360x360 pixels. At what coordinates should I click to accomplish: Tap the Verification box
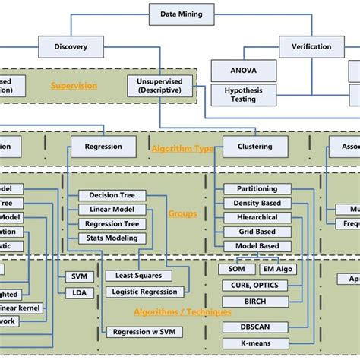(x=311, y=47)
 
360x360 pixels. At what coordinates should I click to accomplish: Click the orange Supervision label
(x=74, y=86)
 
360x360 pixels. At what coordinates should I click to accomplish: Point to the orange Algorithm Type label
(x=182, y=149)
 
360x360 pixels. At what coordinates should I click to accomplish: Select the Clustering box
(x=254, y=147)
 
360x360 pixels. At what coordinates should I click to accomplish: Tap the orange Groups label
(x=183, y=213)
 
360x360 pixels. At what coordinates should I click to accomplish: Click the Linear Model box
(x=113, y=210)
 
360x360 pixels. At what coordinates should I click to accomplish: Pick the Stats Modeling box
(x=113, y=238)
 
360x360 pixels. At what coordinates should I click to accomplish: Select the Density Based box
(x=257, y=203)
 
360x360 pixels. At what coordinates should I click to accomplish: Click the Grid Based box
(x=257, y=232)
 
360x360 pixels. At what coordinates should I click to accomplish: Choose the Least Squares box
(x=137, y=276)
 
